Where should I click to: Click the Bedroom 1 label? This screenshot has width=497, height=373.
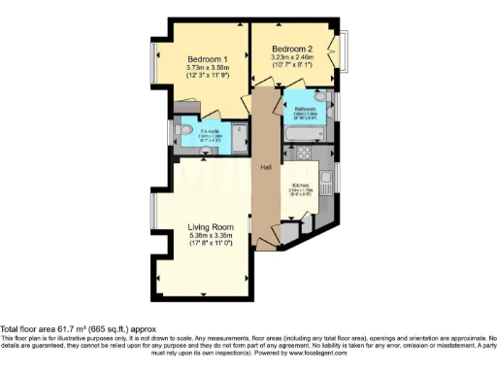(x=207, y=58)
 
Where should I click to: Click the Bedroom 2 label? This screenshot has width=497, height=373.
(x=291, y=49)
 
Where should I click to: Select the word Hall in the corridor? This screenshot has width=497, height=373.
(x=264, y=167)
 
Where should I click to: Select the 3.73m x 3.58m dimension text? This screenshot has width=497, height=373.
(x=207, y=67)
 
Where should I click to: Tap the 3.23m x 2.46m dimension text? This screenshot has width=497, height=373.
(x=291, y=57)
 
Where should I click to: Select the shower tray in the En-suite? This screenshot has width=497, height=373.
(x=239, y=134)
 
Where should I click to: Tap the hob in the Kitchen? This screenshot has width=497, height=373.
(x=303, y=152)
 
